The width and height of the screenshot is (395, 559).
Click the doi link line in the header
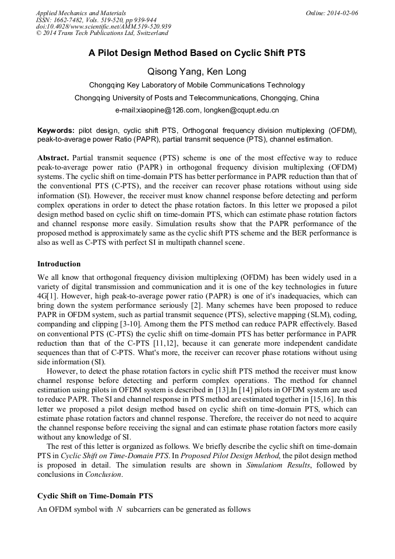(x=103, y=27)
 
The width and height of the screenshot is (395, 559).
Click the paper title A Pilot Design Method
(x=197, y=53)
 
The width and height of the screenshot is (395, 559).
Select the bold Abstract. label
(x=53, y=158)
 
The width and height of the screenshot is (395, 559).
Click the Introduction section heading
(x=59, y=263)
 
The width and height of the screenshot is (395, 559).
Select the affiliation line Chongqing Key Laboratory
(x=197, y=85)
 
